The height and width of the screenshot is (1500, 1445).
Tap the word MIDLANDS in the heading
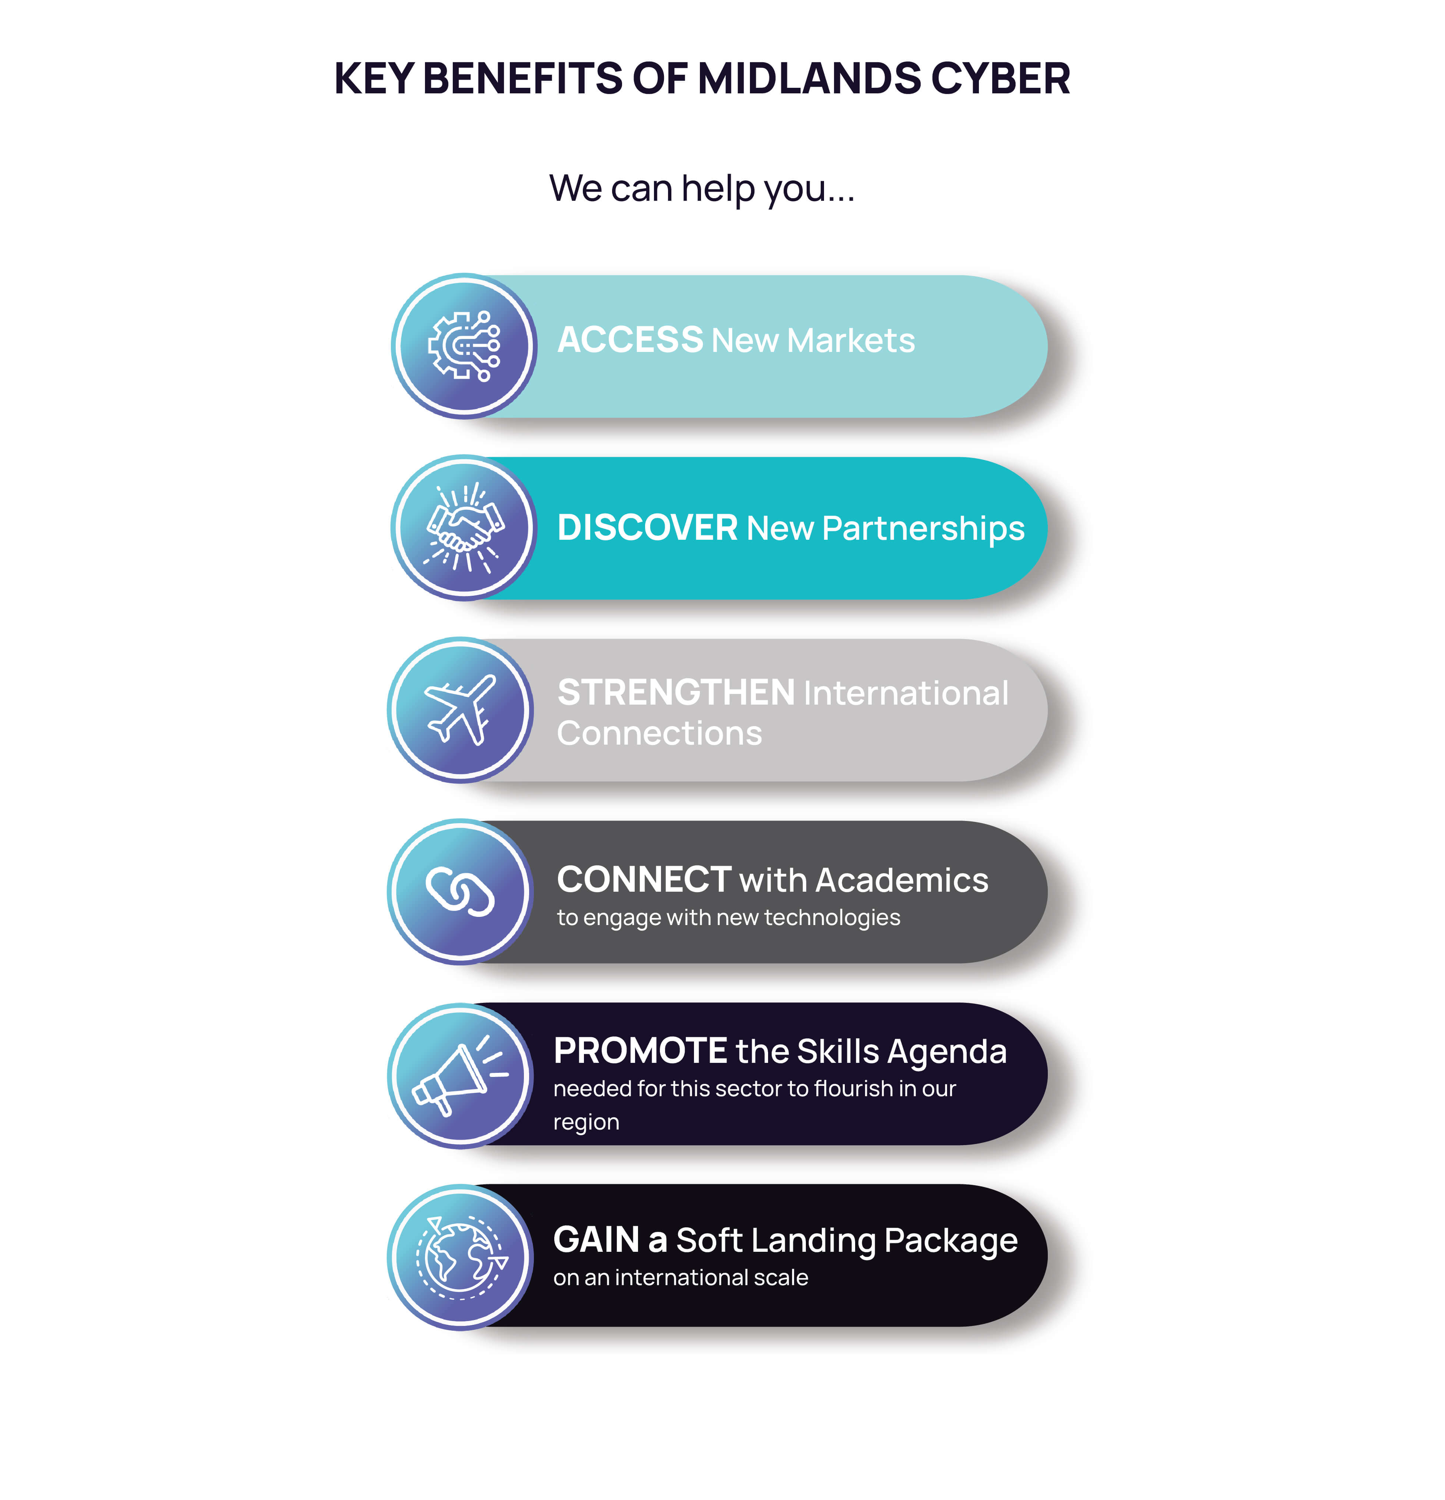(x=809, y=79)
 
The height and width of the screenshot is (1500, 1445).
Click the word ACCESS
(x=630, y=340)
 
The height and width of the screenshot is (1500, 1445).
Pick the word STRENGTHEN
(x=677, y=693)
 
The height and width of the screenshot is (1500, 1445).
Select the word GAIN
(x=596, y=1240)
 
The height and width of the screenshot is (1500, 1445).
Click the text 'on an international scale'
(x=680, y=1277)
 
